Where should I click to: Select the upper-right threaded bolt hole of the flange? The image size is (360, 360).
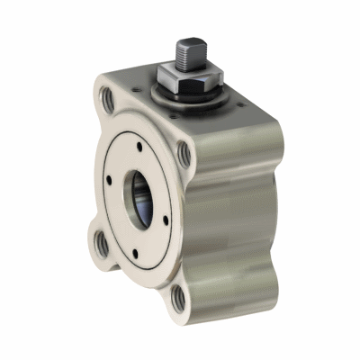[x=184, y=154]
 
